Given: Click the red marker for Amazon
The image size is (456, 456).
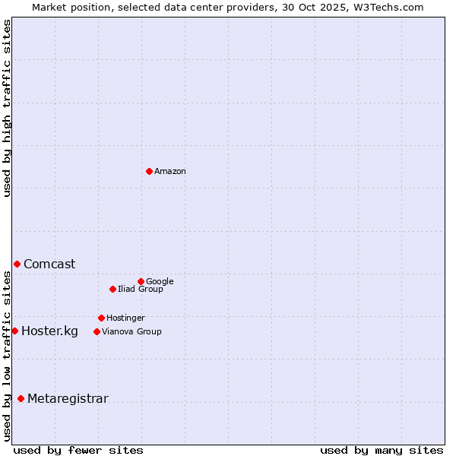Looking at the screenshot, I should pos(149,171).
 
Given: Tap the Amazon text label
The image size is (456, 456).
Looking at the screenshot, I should pos(170,172).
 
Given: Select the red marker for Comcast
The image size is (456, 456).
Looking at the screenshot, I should pos(17,264).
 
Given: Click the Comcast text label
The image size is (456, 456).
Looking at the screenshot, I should pos(49,264).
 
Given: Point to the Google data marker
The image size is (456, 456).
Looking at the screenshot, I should pos(141,281).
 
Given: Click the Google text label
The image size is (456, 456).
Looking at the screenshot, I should pos(160,282).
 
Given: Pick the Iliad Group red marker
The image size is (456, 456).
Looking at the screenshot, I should pos(112,289).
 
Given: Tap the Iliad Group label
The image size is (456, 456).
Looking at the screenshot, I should pos(141,290).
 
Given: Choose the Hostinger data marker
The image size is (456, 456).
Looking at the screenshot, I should pos(101,318).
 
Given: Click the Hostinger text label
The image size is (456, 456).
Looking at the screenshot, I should pos(125,318).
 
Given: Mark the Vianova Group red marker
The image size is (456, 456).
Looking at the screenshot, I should pos(97,331).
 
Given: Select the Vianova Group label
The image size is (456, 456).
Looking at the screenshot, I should pos(131,332).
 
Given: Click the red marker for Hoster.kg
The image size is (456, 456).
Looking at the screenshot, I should pos(14,331).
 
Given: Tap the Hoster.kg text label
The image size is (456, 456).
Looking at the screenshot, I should pos(49,331).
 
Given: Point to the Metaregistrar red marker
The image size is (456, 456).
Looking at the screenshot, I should pos(21,398).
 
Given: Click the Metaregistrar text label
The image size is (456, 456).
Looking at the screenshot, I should pos(68,399).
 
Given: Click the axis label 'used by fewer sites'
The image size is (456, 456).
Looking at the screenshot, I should pos(78,450).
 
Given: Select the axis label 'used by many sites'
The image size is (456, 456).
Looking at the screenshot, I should pos(382,450).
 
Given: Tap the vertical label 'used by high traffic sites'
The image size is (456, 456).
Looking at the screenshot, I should pos(8,109).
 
